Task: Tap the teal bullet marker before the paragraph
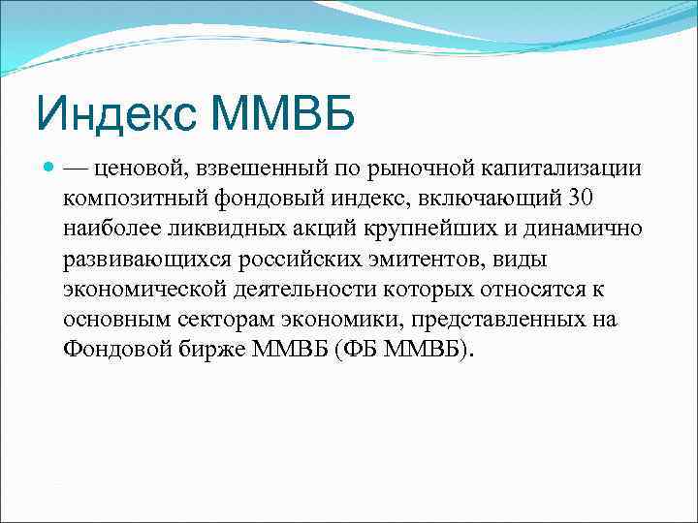click(49, 168)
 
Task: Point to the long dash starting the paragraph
click(78, 169)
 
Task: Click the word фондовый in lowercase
click(255, 199)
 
